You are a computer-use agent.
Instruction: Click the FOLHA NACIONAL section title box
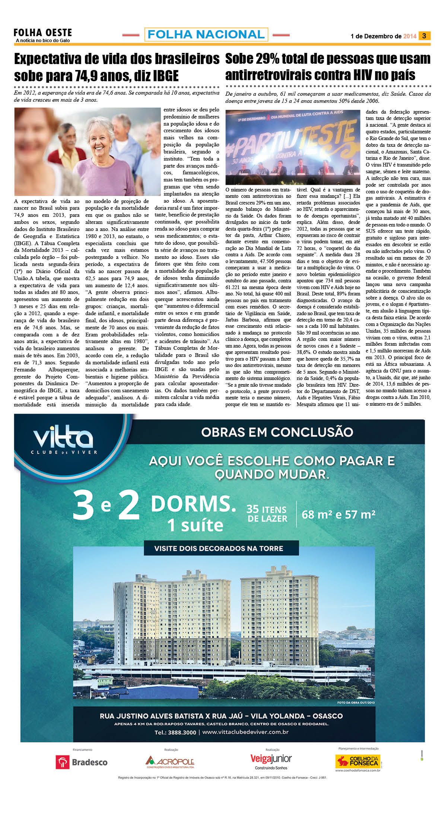click(206, 35)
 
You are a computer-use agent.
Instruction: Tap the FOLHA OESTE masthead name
click(43, 33)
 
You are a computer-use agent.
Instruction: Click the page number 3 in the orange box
click(424, 36)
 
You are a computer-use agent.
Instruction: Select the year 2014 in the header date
click(410, 36)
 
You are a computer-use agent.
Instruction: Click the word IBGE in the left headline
click(162, 76)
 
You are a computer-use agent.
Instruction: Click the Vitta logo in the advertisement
click(63, 440)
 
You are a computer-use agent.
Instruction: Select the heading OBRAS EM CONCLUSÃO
click(277, 432)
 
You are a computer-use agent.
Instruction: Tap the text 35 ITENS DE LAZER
click(267, 514)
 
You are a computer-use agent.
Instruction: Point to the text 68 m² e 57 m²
click(338, 514)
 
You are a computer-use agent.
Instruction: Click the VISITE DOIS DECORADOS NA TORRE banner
click(219, 548)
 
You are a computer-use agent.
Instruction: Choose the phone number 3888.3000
click(175, 732)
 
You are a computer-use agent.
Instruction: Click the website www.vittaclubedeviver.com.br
click(245, 732)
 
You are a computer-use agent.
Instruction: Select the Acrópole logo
click(171, 762)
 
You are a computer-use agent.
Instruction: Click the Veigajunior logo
click(271, 760)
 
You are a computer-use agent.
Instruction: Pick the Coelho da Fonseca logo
click(357, 761)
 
